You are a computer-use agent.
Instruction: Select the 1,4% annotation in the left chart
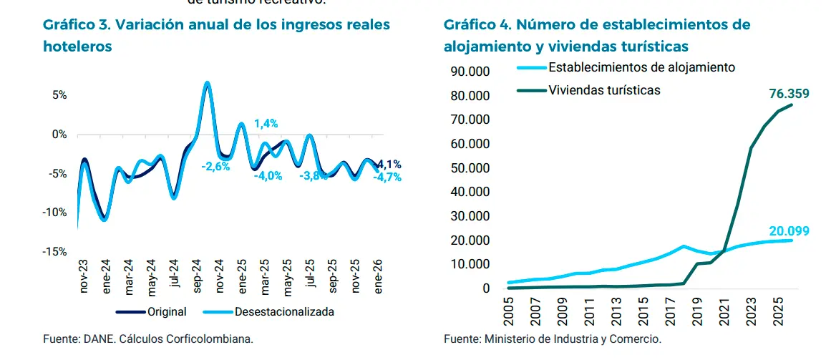point(266,123)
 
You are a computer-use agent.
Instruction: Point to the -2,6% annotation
point(215,167)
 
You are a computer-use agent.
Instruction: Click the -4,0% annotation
point(268,176)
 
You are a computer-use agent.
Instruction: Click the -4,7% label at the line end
point(387,177)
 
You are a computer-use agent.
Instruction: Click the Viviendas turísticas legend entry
point(603,90)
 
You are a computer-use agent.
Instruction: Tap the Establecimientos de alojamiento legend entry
point(641,67)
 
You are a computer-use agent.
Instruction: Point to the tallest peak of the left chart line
point(207,83)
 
